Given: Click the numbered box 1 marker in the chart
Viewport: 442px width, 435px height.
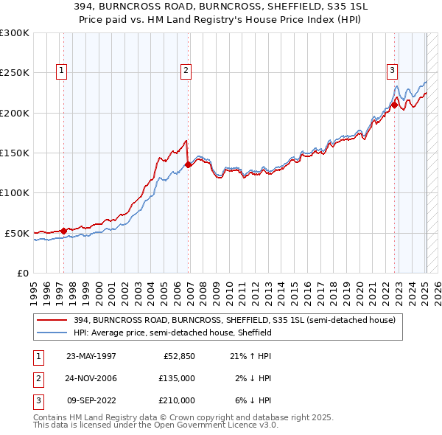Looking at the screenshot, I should coord(60,71).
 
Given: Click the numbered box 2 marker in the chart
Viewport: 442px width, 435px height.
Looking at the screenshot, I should coord(185,71).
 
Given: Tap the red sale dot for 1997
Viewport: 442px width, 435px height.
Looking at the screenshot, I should coord(64,231).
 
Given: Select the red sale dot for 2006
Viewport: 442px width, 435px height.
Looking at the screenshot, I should coord(189,165).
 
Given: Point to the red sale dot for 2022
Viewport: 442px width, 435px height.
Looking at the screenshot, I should coord(394,105).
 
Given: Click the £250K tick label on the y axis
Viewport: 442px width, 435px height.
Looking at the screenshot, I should coord(15,73).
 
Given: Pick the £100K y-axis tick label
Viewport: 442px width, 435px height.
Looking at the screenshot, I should coord(15,193).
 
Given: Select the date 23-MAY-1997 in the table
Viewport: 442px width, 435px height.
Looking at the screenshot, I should coord(91,356).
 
